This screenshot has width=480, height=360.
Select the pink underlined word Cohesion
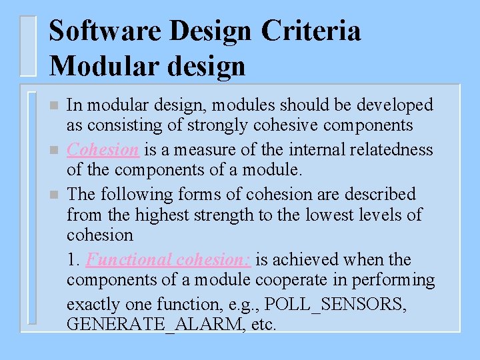tap(103, 149)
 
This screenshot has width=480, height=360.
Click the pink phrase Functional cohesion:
tap(169, 259)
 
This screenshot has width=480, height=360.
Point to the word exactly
tap(89, 305)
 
